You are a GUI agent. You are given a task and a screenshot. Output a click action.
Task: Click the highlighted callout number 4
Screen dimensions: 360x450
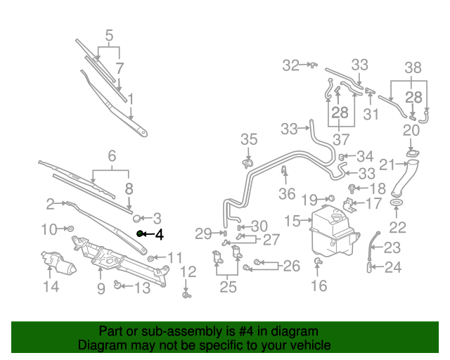159,235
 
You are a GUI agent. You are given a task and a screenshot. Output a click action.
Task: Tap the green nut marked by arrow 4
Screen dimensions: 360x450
140,233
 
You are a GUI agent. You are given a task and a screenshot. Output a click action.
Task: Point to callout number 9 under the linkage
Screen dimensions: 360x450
101,288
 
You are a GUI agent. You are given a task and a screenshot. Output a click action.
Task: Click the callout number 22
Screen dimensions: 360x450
397,228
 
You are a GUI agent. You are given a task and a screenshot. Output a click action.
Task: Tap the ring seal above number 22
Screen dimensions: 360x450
397,206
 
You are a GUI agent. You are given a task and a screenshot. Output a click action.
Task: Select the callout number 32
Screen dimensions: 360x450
291,65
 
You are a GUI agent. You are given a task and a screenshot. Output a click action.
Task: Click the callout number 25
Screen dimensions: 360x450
228,287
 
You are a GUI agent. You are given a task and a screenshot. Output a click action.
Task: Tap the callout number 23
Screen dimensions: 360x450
392,247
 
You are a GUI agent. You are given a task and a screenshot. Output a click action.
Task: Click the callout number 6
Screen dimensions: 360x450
111,156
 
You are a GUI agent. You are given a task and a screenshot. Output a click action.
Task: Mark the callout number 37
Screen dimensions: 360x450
341,139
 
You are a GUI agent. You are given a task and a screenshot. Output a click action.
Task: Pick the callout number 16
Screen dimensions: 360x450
319,285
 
